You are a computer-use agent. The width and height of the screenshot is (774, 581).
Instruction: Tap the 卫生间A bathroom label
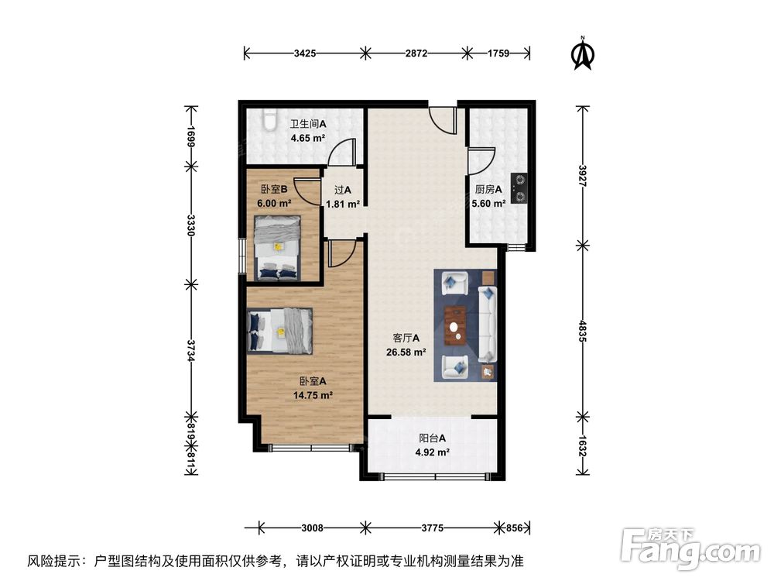pos(308,124)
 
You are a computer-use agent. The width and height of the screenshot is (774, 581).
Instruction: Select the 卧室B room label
pos(274,189)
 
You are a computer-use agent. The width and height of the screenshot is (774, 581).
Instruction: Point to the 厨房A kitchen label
pos(488,189)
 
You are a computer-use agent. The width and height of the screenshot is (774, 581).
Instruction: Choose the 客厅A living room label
pos(406,338)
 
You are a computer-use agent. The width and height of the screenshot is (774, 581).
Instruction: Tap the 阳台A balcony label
pos(433,438)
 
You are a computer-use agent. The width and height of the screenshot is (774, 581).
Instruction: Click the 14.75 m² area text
pos(313,394)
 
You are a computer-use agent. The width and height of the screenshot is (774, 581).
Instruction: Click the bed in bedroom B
pos(278,246)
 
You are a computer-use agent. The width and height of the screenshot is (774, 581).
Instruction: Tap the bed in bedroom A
pos(280,330)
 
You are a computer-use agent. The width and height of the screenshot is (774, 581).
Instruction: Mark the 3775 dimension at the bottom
pos(432,528)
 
